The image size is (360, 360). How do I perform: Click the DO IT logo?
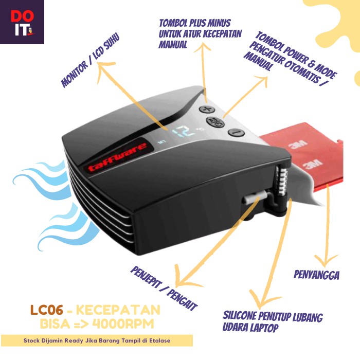tap(22, 22)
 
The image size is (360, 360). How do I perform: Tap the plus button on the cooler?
tap(207, 109)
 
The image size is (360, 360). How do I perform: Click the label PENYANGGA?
tap(316, 275)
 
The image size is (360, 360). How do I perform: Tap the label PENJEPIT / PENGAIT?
tap(164, 287)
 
